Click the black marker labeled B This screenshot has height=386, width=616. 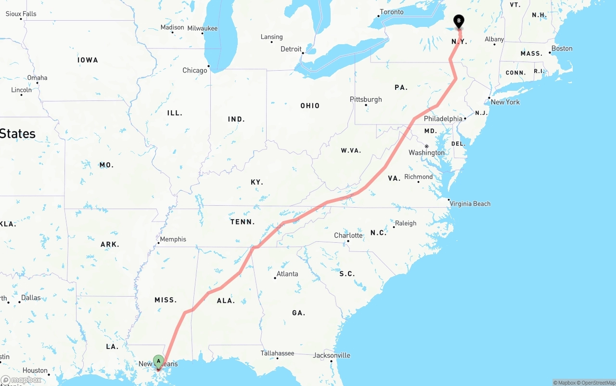tap(459, 21)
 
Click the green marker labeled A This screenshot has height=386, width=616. tap(158, 361)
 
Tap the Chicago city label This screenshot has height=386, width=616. tap(194, 71)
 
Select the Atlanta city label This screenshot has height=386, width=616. tap(287, 274)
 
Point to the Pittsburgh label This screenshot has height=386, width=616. tap(366, 100)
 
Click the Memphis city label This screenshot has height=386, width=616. tap(173, 239)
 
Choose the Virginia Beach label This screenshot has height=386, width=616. tap(470, 204)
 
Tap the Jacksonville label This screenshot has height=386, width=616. tap(332, 356)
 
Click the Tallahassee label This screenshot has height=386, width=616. tap(277, 353)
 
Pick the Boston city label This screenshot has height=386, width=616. tap(562, 49)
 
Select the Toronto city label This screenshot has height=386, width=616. tap(391, 12)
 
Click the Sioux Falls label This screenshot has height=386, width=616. tap(21, 14)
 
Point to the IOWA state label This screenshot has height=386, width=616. tap(88, 60)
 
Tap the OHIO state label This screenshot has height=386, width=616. tap(310, 106)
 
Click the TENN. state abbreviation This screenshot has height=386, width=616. tap(243, 222)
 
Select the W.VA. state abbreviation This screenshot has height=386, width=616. tap(351, 150)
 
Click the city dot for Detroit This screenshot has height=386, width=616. tap(303, 53)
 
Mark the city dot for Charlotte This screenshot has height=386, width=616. tap(348, 241)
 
